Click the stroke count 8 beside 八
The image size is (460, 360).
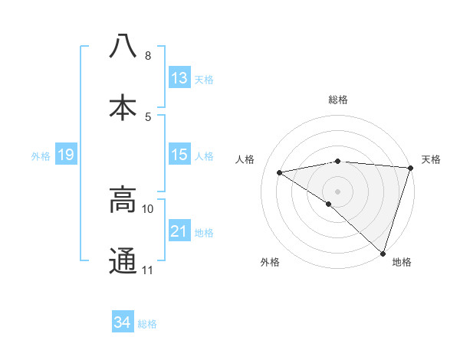coord(147,56)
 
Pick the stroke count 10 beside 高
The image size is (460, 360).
coord(148,208)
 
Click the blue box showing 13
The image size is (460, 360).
coord(179,78)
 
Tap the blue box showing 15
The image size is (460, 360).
coord(179,155)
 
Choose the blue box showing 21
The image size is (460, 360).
coord(179,231)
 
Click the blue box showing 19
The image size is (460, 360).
coord(66,155)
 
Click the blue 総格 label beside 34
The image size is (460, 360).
coord(147,324)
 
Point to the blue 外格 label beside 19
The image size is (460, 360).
coord(41,156)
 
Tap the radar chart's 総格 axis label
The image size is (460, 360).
coord(338,100)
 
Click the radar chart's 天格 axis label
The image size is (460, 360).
coord(431,159)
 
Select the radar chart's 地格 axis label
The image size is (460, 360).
coord(402,262)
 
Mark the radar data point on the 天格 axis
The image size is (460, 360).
coord(411,167)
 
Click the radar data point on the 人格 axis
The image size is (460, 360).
coord(280,172)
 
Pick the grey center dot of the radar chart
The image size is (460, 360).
coord(337,191)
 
